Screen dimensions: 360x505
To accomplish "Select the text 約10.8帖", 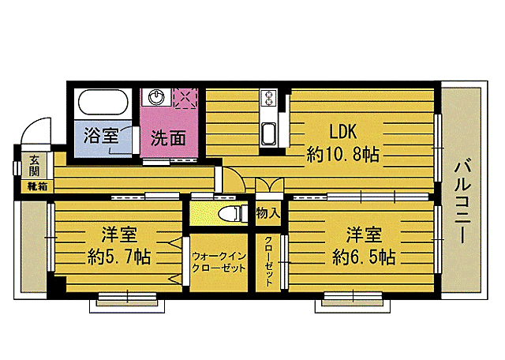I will click(342, 155).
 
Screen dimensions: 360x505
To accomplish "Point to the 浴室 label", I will click(100, 134).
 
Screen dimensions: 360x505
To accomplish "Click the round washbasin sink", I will click(156, 98).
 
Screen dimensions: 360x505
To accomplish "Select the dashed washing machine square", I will click(186, 98).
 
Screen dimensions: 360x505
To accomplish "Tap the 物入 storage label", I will click(268, 212).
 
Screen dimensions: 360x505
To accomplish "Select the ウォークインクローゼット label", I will click(219, 261).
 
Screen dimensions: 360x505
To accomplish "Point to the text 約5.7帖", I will click(119, 257).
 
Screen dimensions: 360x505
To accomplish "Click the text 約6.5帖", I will click(364, 257).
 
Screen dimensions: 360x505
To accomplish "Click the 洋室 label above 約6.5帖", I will click(364, 234).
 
